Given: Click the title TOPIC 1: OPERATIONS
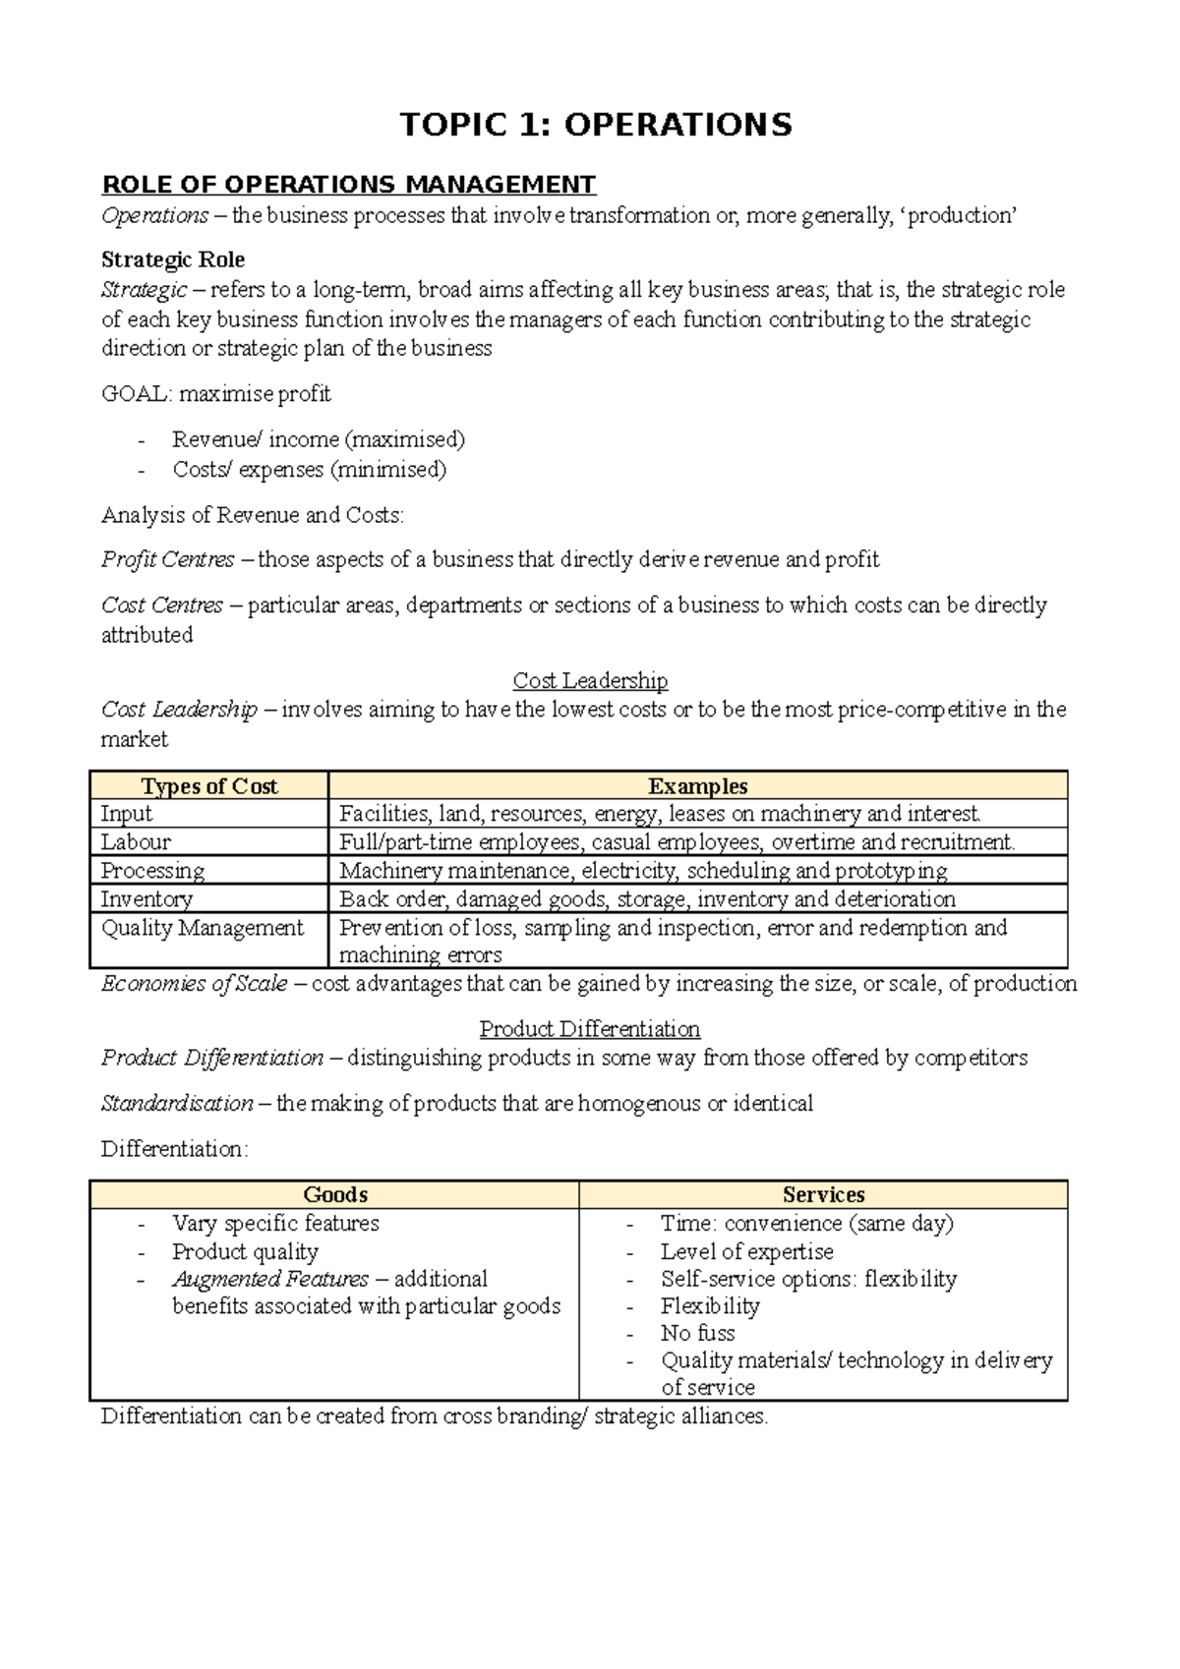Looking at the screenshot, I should [595, 125].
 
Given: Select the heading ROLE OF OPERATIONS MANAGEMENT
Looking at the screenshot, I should [349, 185].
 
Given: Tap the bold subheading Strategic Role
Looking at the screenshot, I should [173, 259].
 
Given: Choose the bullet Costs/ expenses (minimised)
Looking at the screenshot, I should [309, 470].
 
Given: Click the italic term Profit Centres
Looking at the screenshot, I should [168, 560].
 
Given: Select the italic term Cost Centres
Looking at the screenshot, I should [162, 605].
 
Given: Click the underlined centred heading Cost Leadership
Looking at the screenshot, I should [590, 680].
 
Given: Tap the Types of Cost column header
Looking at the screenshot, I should [208, 786].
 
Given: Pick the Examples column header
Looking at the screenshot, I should [697, 786].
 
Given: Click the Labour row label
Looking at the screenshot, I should [136, 842].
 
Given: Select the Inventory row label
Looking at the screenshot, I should [147, 899].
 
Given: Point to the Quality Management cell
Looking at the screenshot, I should [203, 928].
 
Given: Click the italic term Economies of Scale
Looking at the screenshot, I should [195, 984].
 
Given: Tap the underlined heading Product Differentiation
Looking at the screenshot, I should [590, 1029].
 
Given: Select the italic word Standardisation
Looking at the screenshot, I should [177, 1104].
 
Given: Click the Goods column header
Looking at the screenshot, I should [335, 1195].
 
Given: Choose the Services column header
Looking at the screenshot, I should [823, 1195].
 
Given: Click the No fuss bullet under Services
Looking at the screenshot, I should [697, 1334].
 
